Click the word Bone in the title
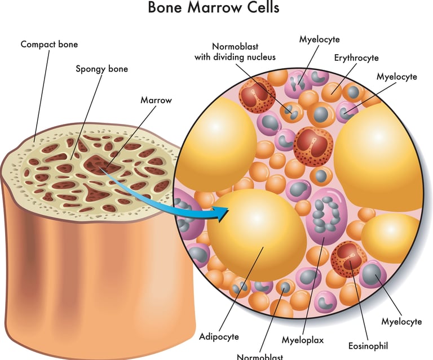click(x=167, y=8)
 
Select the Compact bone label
click(x=49, y=43)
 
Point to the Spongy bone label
click(x=102, y=69)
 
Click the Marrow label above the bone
click(x=156, y=100)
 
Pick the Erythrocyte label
click(x=356, y=57)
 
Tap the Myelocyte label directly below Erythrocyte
click(x=396, y=76)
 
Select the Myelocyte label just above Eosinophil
click(x=401, y=322)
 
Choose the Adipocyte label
click(x=219, y=336)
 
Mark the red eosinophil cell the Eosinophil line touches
click(x=348, y=256)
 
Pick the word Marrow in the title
click(x=215, y=8)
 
